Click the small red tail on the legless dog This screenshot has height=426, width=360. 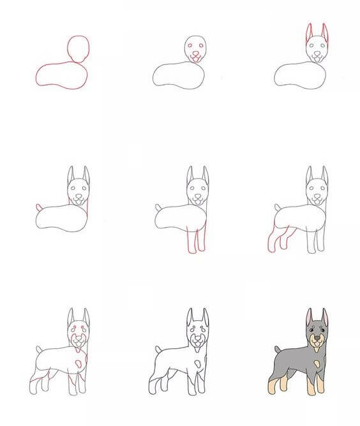point(40,207)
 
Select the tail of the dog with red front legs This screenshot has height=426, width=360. point(159,207)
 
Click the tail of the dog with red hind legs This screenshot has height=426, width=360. point(278,207)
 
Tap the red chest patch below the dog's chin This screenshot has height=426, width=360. point(77,347)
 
